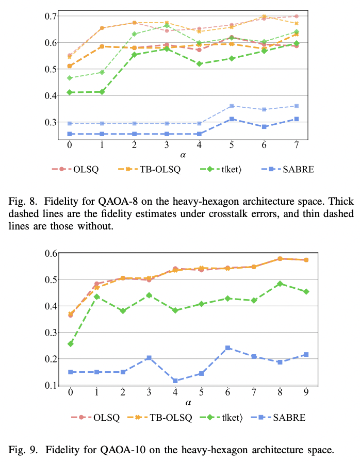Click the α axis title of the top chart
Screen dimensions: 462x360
[183, 155]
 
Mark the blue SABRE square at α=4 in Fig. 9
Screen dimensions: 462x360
[175, 381]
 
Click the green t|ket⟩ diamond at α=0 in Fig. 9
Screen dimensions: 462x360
[71, 343]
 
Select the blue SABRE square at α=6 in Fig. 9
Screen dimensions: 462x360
[228, 348]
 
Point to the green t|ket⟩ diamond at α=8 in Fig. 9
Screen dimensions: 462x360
[280, 284]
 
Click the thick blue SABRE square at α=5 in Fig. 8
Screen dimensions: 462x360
[232, 119]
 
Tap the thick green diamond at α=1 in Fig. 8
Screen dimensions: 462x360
[102, 92]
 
